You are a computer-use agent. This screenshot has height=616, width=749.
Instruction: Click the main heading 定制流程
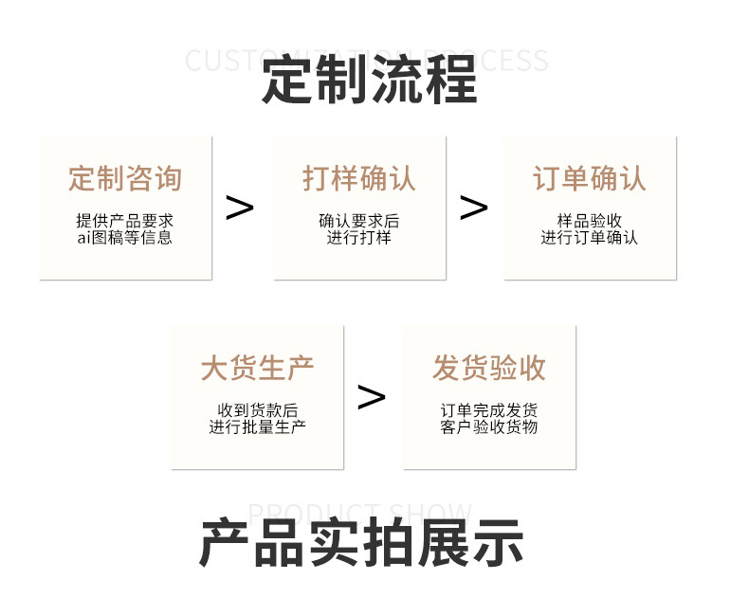click(370, 80)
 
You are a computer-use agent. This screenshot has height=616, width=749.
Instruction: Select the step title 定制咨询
click(125, 178)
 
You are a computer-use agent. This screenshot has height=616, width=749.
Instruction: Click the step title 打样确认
click(359, 178)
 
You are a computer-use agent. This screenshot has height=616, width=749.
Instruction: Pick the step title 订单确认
click(590, 178)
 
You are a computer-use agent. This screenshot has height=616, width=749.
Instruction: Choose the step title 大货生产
click(257, 368)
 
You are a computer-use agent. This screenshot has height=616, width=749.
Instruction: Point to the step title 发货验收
click(489, 368)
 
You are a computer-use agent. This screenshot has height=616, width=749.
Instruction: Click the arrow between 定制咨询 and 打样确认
click(240, 208)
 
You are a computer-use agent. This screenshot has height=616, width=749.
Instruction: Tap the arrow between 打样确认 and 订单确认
click(473, 208)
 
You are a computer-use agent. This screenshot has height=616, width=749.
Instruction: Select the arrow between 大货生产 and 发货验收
click(372, 397)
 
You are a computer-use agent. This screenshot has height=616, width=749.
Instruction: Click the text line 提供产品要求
click(125, 221)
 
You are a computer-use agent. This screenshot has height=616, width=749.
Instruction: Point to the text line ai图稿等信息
click(125, 238)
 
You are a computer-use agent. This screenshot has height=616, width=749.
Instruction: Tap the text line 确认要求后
click(359, 221)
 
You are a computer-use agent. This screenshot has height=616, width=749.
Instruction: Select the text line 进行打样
click(359, 238)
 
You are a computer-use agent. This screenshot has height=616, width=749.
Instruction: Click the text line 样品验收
click(590, 221)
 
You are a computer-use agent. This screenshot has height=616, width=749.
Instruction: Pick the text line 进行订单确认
click(590, 238)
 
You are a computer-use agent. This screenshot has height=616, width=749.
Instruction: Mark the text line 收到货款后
click(257, 410)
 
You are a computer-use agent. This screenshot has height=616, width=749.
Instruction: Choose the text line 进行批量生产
click(257, 427)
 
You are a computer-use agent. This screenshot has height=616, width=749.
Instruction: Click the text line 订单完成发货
click(489, 410)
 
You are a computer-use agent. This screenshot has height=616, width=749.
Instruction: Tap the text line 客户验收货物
click(489, 427)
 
